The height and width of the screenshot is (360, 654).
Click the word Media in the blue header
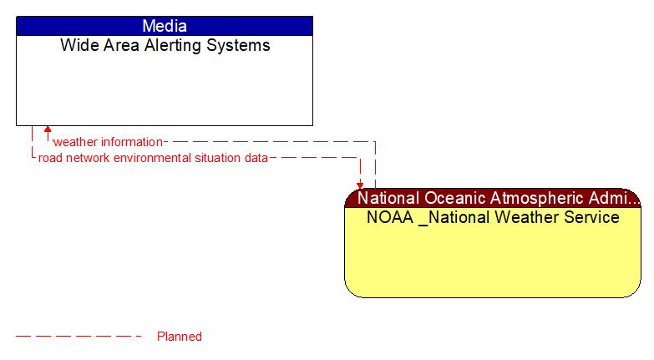(x=165, y=26)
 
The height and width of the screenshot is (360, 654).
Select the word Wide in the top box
(x=78, y=46)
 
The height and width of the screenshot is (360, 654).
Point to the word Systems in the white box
(x=239, y=46)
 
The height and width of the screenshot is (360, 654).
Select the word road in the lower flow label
(x=51, y=157)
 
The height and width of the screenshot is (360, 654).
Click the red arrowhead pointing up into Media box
(x=48, y=130)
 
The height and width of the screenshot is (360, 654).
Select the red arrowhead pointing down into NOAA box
(x=360, y=185)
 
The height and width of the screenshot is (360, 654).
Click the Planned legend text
(x=180, y=337)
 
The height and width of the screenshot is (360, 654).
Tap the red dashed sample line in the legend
(x=79, y=337)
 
